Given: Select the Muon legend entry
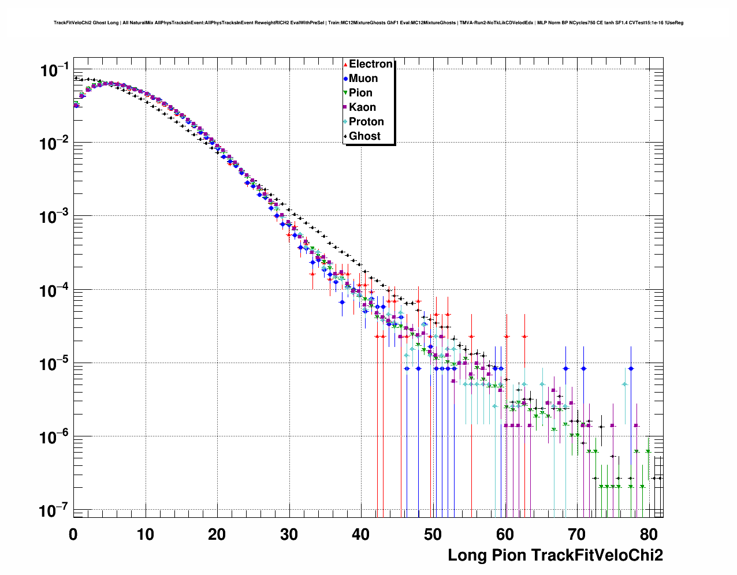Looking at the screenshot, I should [x=363, y=79].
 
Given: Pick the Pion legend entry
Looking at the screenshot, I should [x=360, y=93].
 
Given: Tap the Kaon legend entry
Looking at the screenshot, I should [x=362, y=107].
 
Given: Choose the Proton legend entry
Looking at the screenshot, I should [x=366, y=122].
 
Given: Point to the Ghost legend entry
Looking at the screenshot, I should [x=364, y=136].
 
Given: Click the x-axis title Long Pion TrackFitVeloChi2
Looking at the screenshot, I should [x=555, y=555].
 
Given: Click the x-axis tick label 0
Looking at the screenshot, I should [x=73, y=534].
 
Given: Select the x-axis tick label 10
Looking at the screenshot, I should [x=145, y=534].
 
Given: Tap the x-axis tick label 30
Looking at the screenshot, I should [x=289, y=534].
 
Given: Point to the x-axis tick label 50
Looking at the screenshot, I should [x=433, y=534].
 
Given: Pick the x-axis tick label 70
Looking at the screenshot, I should [x=576, y=534].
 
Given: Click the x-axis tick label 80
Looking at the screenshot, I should [x=649, y=534].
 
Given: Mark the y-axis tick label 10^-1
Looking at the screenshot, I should [x=55, y=71].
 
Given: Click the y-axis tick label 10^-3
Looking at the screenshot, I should [x=55, y=217].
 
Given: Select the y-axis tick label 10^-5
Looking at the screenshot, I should [x=55, y=364].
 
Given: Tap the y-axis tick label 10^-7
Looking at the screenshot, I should [x=55, y=511].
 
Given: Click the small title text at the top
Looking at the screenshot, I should [x=368, y=23].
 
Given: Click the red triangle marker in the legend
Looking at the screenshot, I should [x=345, y=64].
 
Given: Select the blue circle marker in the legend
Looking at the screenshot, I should [x=345, y=79].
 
